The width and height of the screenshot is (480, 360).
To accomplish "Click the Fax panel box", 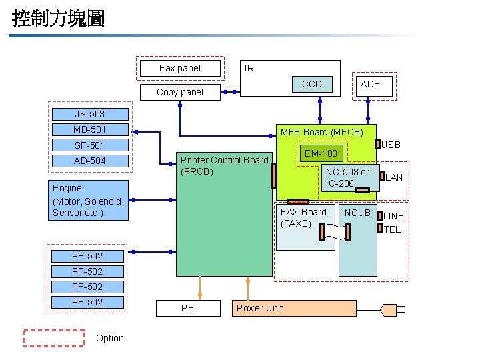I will point(180,68).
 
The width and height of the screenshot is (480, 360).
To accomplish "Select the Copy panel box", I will point(180,92).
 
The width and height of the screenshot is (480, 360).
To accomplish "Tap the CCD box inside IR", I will point(311,84).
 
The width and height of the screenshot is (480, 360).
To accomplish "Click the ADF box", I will point(370,84).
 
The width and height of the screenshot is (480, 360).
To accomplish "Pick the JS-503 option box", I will point(89,114).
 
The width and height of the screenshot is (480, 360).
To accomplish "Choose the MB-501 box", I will point(89,129).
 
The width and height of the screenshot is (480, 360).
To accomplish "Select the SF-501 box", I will point(89,145).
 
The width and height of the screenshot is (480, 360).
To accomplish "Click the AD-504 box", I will point(89,161).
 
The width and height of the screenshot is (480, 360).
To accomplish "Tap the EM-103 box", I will point(321,154).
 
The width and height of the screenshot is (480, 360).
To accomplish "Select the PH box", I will point(188,308).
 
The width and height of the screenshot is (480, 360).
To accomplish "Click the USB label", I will point(391,145).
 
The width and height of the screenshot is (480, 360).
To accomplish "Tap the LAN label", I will point(394,177).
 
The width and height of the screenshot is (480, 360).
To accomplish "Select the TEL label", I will point(393,229).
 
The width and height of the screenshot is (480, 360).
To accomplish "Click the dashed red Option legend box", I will point(54,338).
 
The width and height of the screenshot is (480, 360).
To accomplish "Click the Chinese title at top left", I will point(59,18).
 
